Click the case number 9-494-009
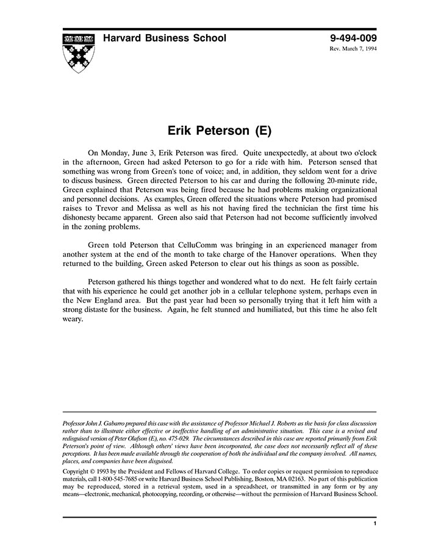pyautogui.click(x=353, y=38)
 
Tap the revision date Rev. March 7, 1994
pyautogui.click(x=353, y=49)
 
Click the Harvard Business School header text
pyautogui.click(x=164, y=38)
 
